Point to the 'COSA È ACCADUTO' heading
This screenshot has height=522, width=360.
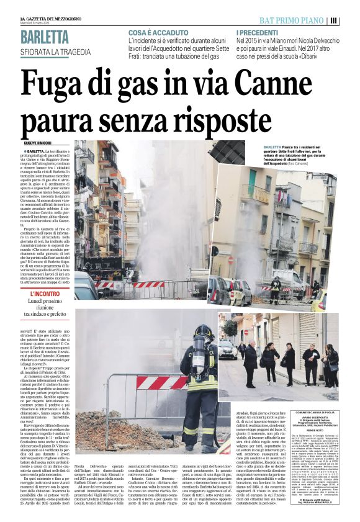pos(159,32)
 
